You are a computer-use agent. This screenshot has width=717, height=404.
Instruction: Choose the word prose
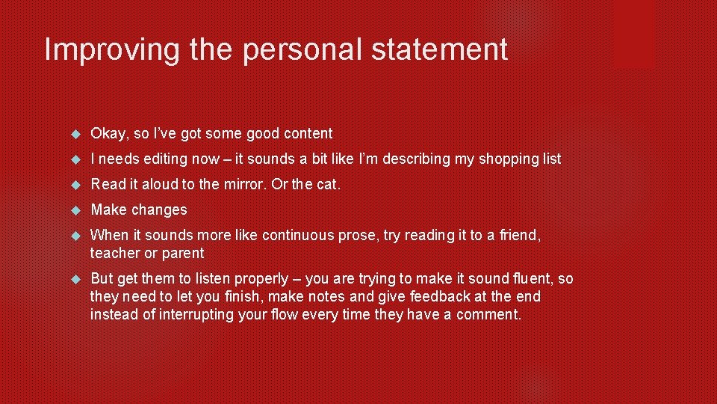click(x=356, y=236)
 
